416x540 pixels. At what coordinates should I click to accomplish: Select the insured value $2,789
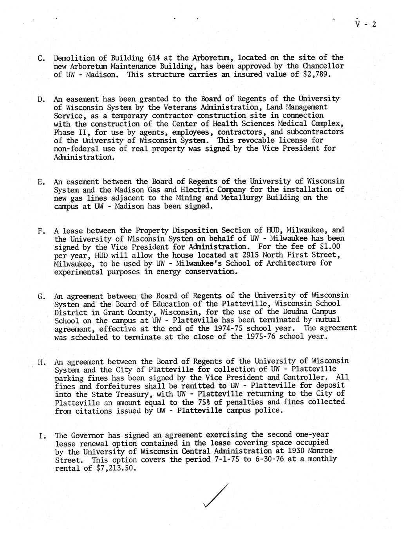coord(317,74)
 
